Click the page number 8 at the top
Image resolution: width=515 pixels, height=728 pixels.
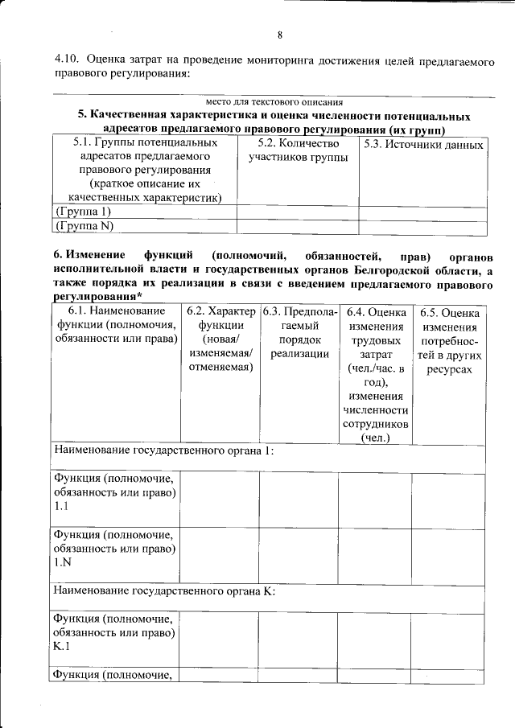tap(280, 35)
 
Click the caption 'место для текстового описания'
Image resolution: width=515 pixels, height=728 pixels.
tap(274, 102)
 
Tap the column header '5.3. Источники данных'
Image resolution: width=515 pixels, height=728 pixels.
tap(423, 145)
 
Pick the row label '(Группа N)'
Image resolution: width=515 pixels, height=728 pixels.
tap(84, 227)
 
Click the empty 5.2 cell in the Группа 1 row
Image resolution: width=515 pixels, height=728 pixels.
tap(297, 212)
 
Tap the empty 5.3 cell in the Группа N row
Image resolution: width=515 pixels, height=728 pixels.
tap(423, 227)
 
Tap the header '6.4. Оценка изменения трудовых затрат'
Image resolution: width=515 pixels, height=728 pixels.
tap(375, 374)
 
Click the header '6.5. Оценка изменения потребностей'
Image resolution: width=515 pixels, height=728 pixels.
tap(449, 341)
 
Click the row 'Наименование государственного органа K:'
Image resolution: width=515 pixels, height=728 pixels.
tap(164, 591)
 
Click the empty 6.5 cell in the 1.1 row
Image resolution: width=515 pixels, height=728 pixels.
tap(449, 500)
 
